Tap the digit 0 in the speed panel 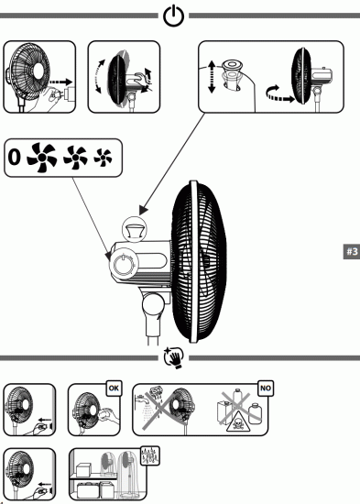click(x=14, y=158)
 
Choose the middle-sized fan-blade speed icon click(x=74, y=158)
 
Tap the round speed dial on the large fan click(x=123, y=266)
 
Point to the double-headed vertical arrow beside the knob click(x=213, y=74)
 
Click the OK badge click(x=113, y=387)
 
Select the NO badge click(x=267, y=388)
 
